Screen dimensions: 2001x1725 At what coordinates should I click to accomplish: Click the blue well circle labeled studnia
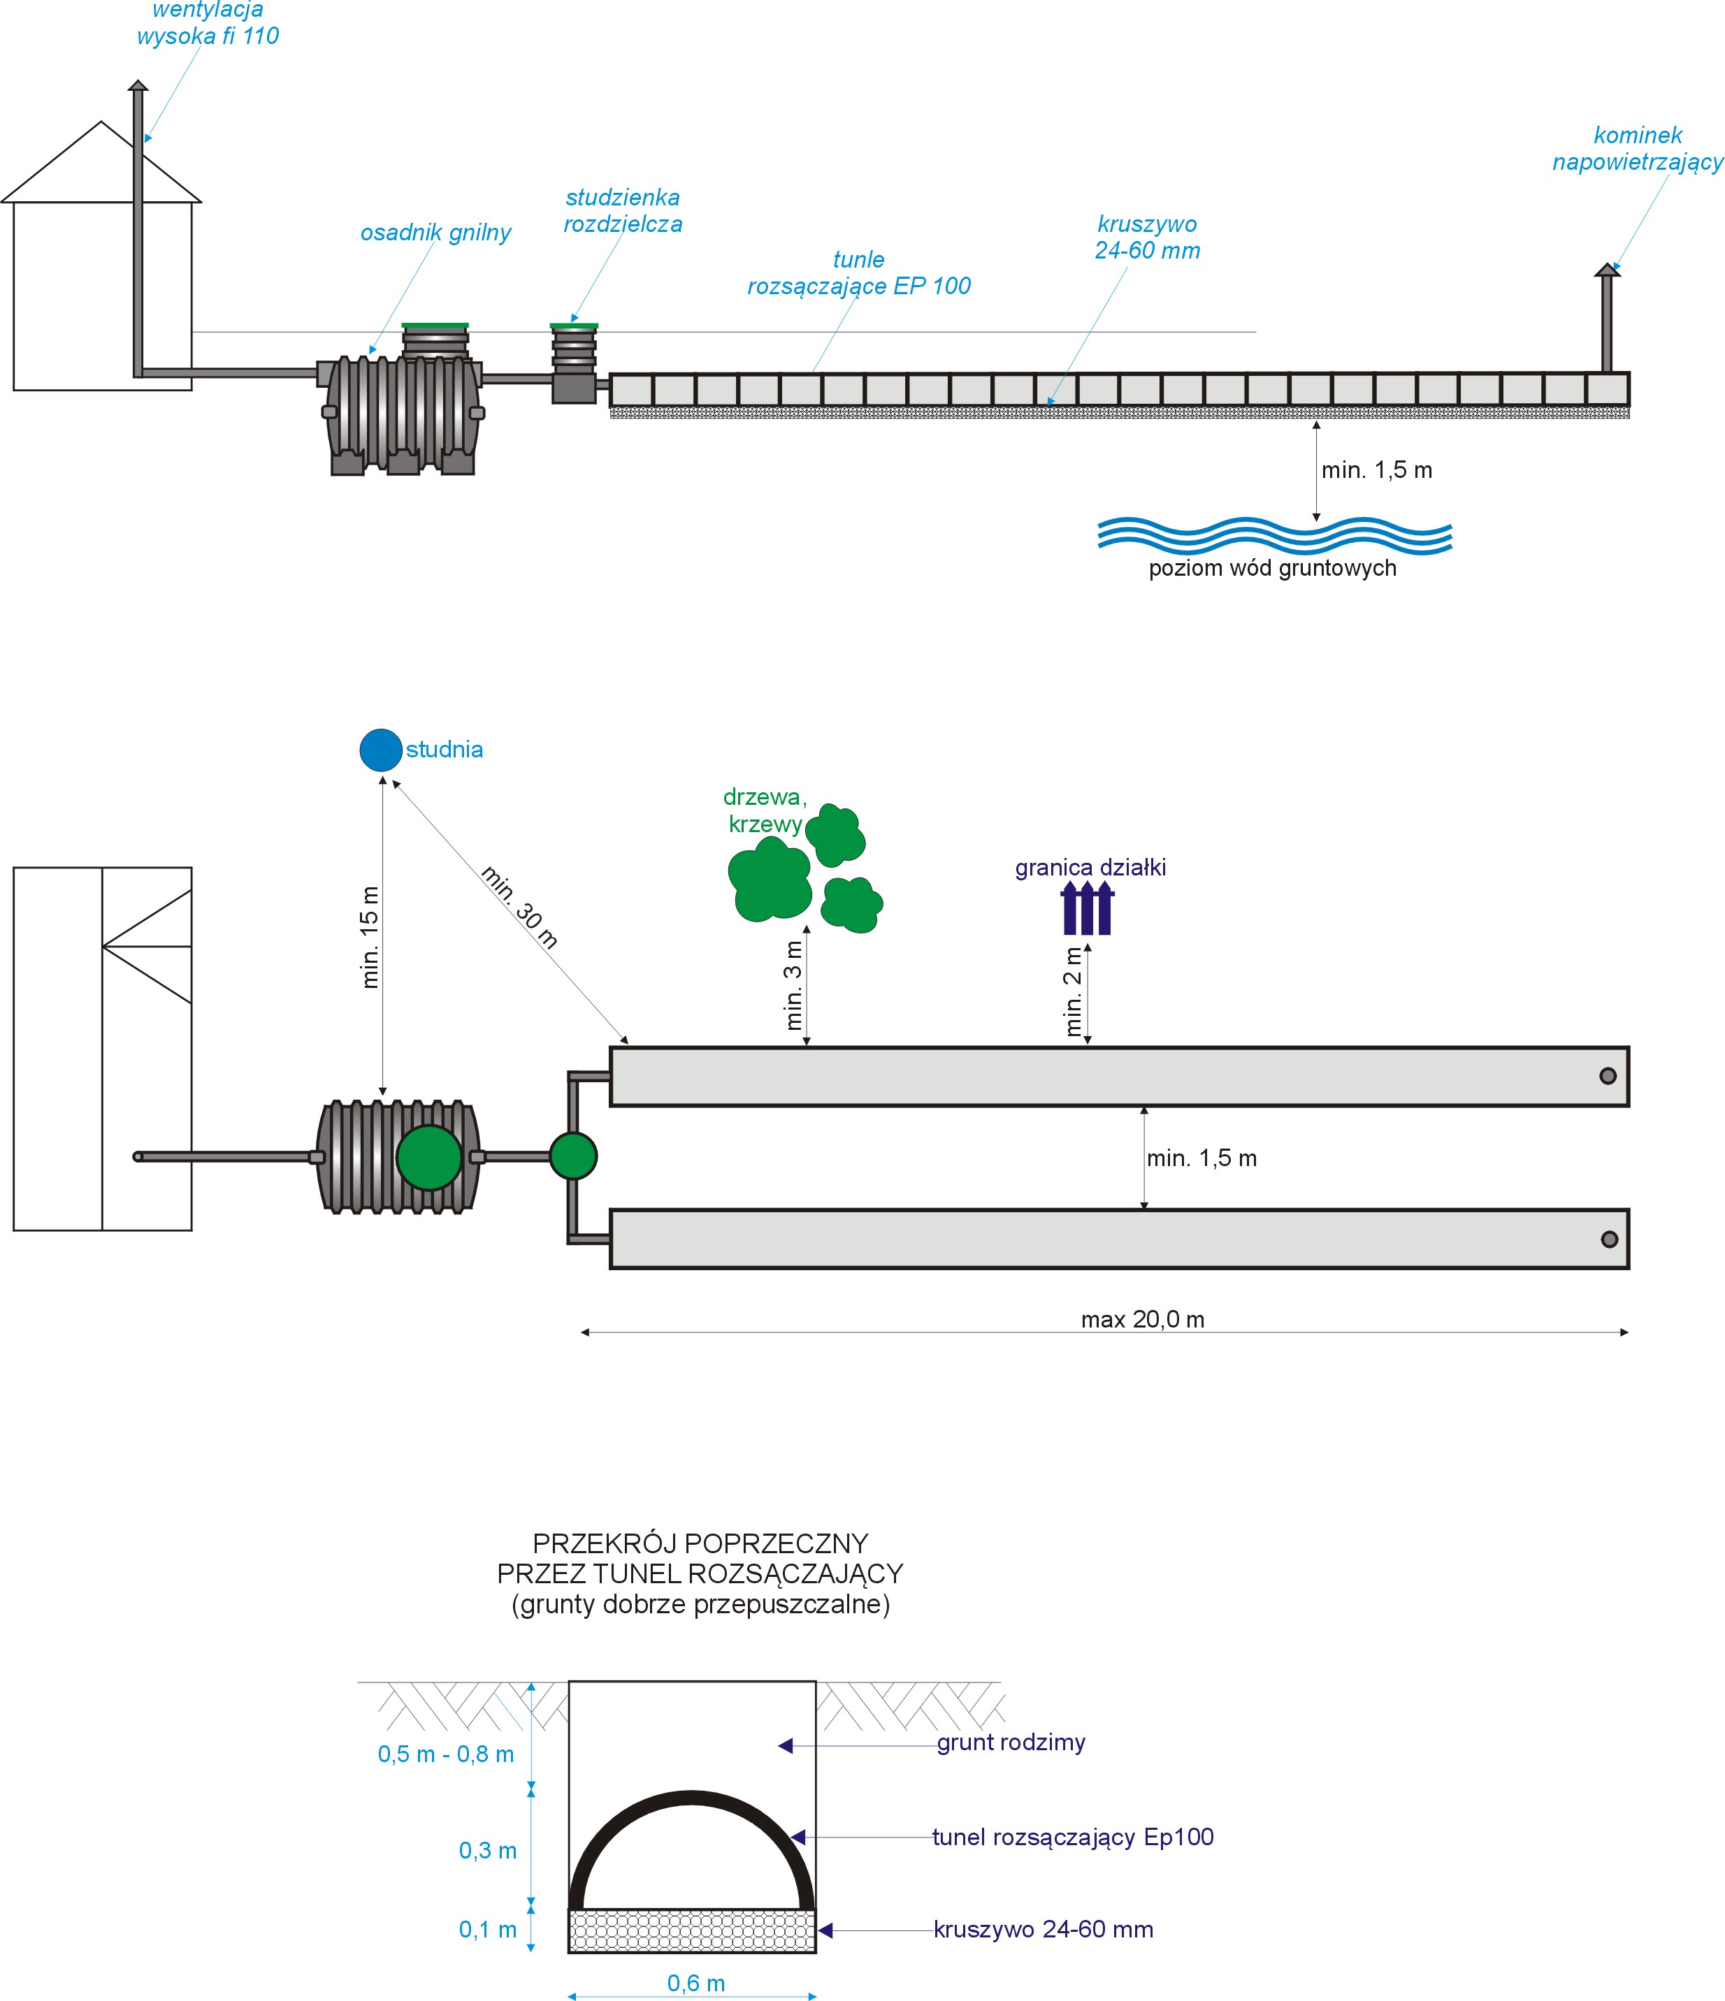[380, 750]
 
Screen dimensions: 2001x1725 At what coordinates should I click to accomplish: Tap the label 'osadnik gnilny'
[435, 233]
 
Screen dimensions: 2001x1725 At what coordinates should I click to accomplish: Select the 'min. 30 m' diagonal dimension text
[519, 908]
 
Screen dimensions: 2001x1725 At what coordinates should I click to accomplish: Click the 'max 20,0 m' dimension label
[1143, 1319]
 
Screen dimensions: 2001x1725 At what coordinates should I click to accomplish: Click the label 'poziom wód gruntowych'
[1272, 568]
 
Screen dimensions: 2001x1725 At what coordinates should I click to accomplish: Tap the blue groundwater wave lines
[1274, 536]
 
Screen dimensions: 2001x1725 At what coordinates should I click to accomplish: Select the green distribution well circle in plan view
[572, 1156]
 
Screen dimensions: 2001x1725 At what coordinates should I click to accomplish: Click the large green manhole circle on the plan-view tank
[429, 1157]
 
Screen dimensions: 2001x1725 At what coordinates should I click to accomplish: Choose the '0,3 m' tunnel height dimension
[488, 1850]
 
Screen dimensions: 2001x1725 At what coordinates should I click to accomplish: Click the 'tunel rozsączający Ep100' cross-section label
[1072, 1837]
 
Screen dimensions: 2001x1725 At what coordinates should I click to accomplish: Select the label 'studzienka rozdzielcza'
[623, 210]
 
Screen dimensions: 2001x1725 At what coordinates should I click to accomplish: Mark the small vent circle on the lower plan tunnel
[1609, 1239]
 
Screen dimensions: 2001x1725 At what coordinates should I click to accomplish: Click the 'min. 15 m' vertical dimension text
[370, 937]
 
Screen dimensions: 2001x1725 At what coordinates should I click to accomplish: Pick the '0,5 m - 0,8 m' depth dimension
[445, 1754]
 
